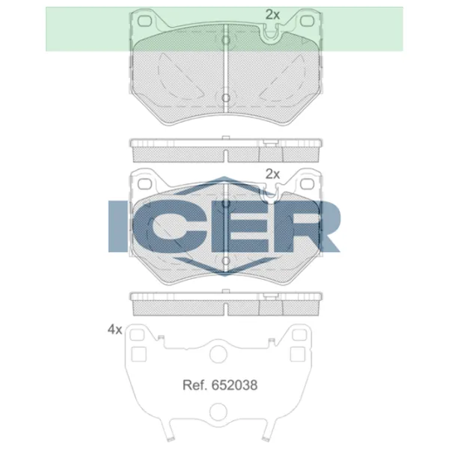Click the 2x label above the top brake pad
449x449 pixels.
tap(272, 15)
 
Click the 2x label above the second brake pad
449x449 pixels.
tap(272, 174)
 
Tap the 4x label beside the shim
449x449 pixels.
tap(114, 329)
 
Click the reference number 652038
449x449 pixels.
tap(234, 385)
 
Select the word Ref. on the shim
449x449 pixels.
tap(195, 385)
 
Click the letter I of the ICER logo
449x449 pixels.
tap(117, 226)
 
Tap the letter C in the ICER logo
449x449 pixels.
tap(170, 226)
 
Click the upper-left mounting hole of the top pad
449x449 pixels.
tap(144, 21)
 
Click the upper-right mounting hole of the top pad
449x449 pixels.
tap(308, 21)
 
